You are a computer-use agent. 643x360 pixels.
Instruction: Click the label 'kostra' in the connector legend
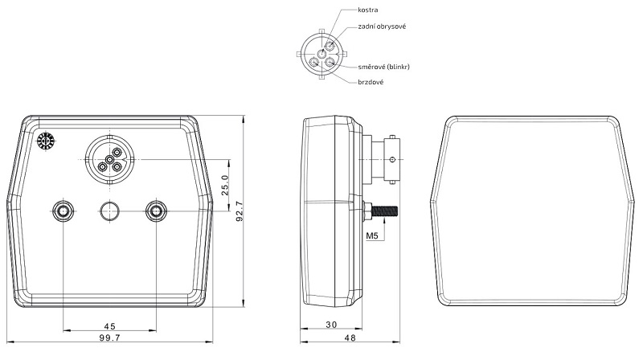368,10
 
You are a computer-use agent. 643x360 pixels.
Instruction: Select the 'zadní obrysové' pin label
382,27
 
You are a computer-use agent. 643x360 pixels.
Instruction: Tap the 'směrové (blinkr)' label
384,67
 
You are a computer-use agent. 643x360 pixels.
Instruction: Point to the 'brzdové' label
371,82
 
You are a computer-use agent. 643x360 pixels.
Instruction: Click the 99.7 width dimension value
109,337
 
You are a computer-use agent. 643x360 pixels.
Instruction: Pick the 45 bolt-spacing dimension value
109,326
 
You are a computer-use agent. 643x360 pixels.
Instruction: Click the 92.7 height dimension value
240,211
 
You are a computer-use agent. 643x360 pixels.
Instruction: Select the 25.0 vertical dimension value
225,186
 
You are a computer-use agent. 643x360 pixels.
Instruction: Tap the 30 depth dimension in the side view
331,325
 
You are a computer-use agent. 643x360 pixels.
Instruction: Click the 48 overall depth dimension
350,337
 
